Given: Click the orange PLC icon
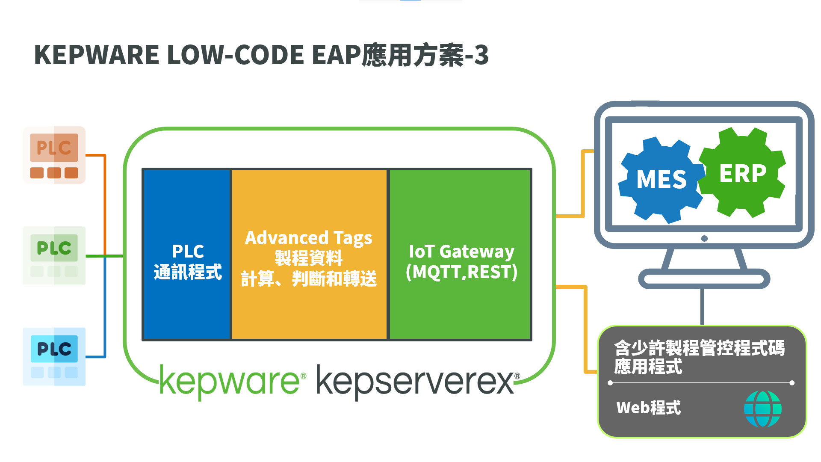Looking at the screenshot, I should pyautogui.click(x=54, y=155).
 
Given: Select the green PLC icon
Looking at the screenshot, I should pyautogui.click(x=54, y=255).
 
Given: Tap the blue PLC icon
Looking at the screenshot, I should pyautogui.click(x=54, y=356).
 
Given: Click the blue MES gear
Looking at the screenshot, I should pyautogui.click(x=661, y=180).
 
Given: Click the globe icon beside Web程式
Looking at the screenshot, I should pyautogui.click(x=762, y=409).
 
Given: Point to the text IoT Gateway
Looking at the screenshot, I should pyautogui.click(x=461, y=252).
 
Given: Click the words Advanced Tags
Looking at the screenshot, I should pyautogui.click(x=308, y=238).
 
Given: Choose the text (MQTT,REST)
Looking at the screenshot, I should pyautogui.click(x=461, y=272).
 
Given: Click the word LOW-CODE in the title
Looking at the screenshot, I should pyautogui.click(x=236, y=55).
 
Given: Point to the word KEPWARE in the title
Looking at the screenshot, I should pyautogui.click(x=97, y=55).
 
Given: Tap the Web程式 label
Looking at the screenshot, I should pyautogui.click(x=648, y=408).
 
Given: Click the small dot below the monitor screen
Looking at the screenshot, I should pyautogui.click(x=704, y=238).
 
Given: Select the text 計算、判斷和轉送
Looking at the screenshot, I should pyautogui.click(x=308, y=279).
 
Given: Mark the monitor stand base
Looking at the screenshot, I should pyautogui.click(x=704, y=279).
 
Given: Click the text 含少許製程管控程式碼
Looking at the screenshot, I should pyautogui.click(x=699, y=348).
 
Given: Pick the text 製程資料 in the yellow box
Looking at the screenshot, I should pyautogui.click(x=308, y=258).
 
